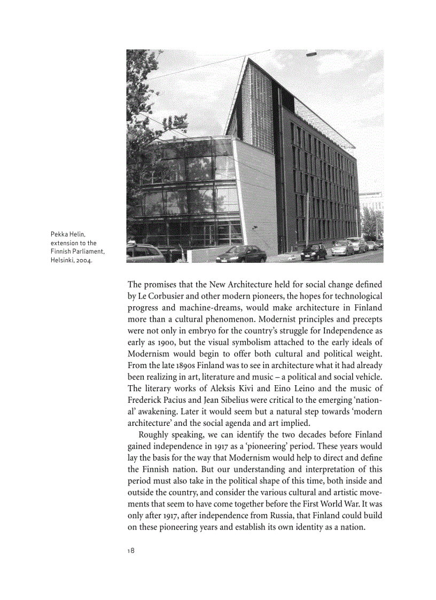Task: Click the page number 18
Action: point(131,551)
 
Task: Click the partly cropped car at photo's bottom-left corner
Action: point(144,252)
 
